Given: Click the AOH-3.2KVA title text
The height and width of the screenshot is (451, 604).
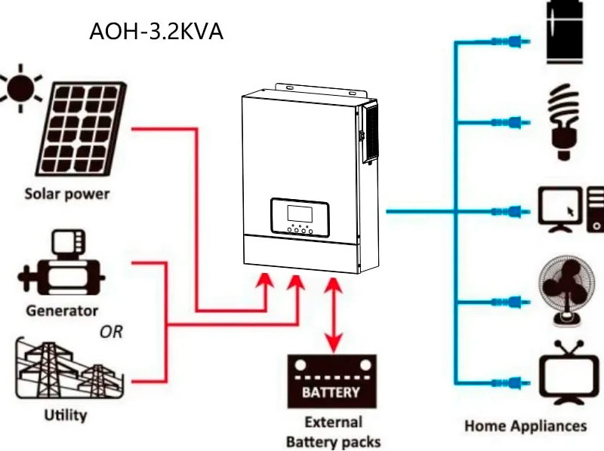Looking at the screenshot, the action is point(156,32).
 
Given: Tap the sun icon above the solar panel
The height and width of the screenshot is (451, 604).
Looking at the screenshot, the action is point(20,87).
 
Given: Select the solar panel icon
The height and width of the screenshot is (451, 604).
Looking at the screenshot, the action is point(82,129).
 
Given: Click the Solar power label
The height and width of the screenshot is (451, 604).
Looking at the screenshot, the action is point(67,194).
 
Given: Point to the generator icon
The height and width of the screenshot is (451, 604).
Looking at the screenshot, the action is point(62,262).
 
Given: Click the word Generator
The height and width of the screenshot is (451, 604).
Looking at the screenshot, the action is point(62,311).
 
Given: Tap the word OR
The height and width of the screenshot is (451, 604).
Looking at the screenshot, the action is point(111,332).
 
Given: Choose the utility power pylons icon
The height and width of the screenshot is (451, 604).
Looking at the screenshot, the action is point(69,368).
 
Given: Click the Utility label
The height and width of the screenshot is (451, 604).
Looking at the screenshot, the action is point(66,416).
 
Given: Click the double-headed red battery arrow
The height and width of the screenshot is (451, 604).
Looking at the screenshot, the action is point(334,314).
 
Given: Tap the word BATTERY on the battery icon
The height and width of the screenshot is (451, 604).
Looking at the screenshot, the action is point(331,392).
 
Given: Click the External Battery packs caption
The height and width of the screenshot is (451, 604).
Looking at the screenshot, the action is point(334,431).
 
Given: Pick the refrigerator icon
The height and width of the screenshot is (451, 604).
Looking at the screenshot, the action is point(565,32).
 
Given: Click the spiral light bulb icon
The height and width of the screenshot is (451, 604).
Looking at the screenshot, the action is point(564,121).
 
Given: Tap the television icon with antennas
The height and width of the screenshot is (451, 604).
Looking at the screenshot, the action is point(569,372).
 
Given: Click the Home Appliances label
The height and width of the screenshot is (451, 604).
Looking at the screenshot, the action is point(525,426).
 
